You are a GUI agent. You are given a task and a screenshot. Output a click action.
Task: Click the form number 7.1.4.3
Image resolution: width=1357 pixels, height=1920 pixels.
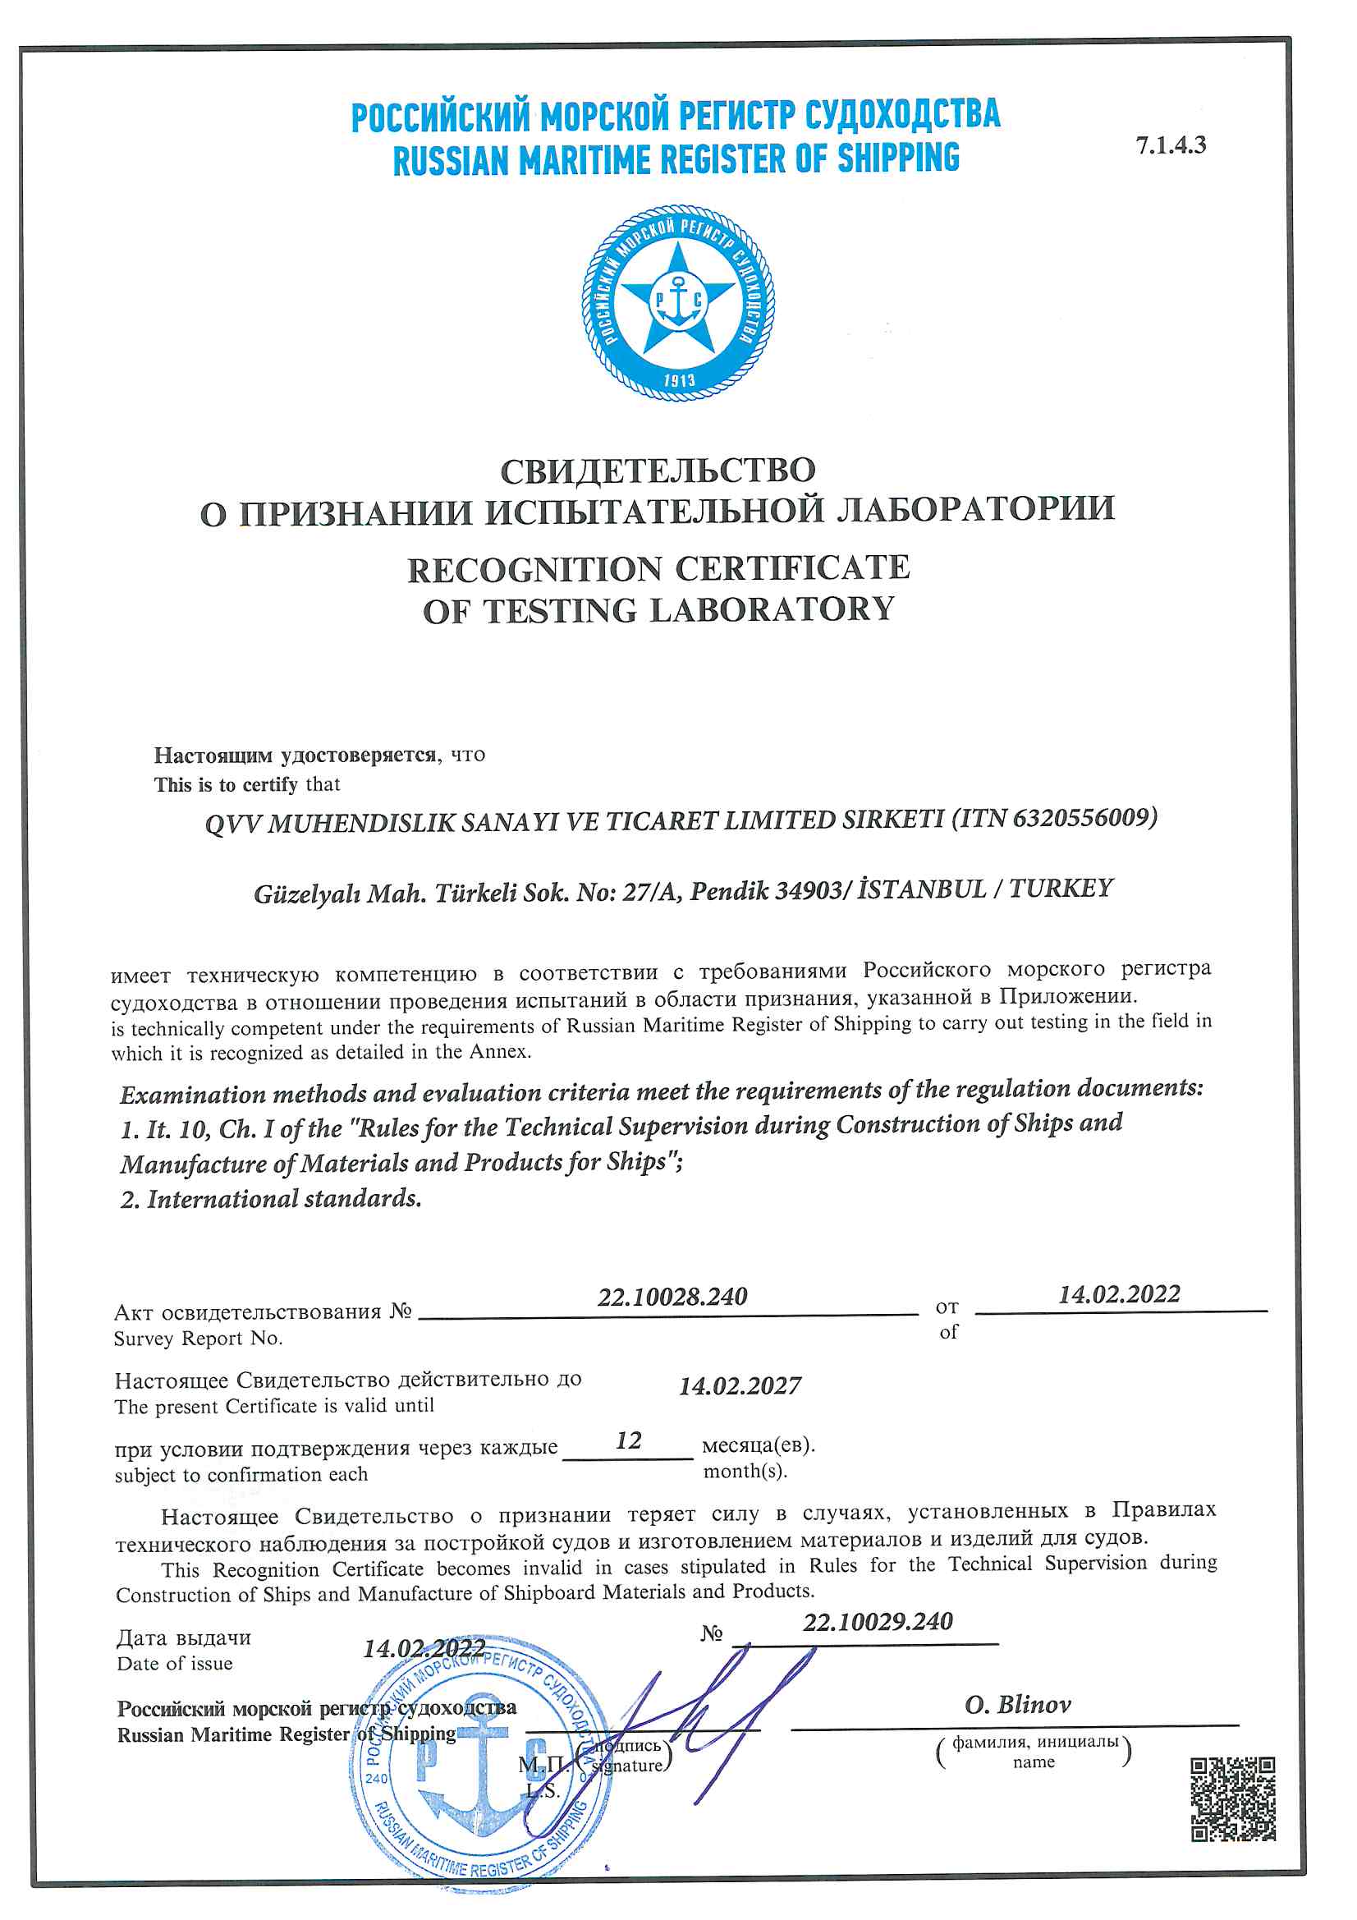click(x=1170, y=145)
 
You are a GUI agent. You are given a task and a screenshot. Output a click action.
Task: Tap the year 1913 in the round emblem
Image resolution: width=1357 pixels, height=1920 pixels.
click(x=679, y=380)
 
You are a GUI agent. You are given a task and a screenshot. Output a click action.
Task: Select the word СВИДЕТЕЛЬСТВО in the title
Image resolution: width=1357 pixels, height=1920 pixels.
click(x=658, y=471)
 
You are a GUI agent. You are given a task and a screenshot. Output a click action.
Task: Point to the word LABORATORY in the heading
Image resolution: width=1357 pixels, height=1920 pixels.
click(x=772, y=610)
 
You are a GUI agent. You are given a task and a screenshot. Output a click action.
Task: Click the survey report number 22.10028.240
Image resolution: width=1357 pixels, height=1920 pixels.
click(x=672, y=1297)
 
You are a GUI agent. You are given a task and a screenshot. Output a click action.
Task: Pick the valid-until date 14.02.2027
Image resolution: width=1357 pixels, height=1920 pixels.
click(x=739, y=1386)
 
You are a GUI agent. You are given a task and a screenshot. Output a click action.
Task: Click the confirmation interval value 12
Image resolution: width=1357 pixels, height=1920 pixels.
click(x=628, y=1441)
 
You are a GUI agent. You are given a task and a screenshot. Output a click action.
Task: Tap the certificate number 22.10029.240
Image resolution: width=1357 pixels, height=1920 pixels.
click(x=877, y=1622)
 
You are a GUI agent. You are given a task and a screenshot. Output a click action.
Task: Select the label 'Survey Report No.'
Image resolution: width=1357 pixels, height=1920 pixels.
click(x=198, y=1339)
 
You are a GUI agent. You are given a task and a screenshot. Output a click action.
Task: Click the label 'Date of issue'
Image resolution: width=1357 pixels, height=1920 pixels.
click(x=175, y=1663)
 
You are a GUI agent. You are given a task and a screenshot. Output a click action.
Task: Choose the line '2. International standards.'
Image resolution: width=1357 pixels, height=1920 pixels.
click(x=271, y=1199)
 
